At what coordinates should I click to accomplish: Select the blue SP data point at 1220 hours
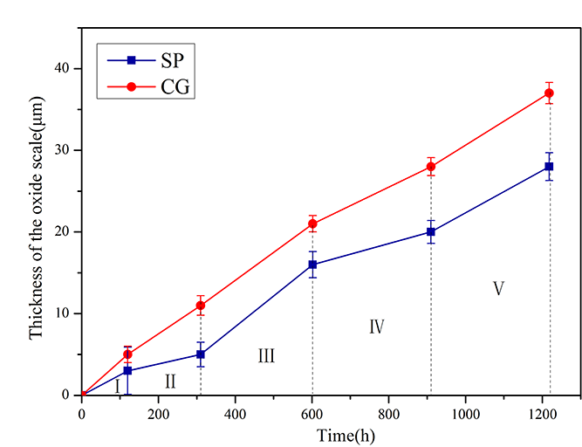(549, 166)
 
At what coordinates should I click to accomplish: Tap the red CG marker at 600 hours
(312, 223)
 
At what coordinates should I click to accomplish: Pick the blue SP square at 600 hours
(312, 265)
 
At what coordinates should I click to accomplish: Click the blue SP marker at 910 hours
(431, 231)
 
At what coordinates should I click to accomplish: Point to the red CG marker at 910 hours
(431, 166)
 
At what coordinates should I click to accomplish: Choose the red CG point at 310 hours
(201, 305)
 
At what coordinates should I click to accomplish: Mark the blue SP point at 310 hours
(201, 354)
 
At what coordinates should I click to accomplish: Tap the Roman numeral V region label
(498, 288)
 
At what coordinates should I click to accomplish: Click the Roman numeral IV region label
(377, 327)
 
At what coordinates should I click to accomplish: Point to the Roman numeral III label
(266, 355)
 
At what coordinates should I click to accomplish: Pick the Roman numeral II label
(170, 381)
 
